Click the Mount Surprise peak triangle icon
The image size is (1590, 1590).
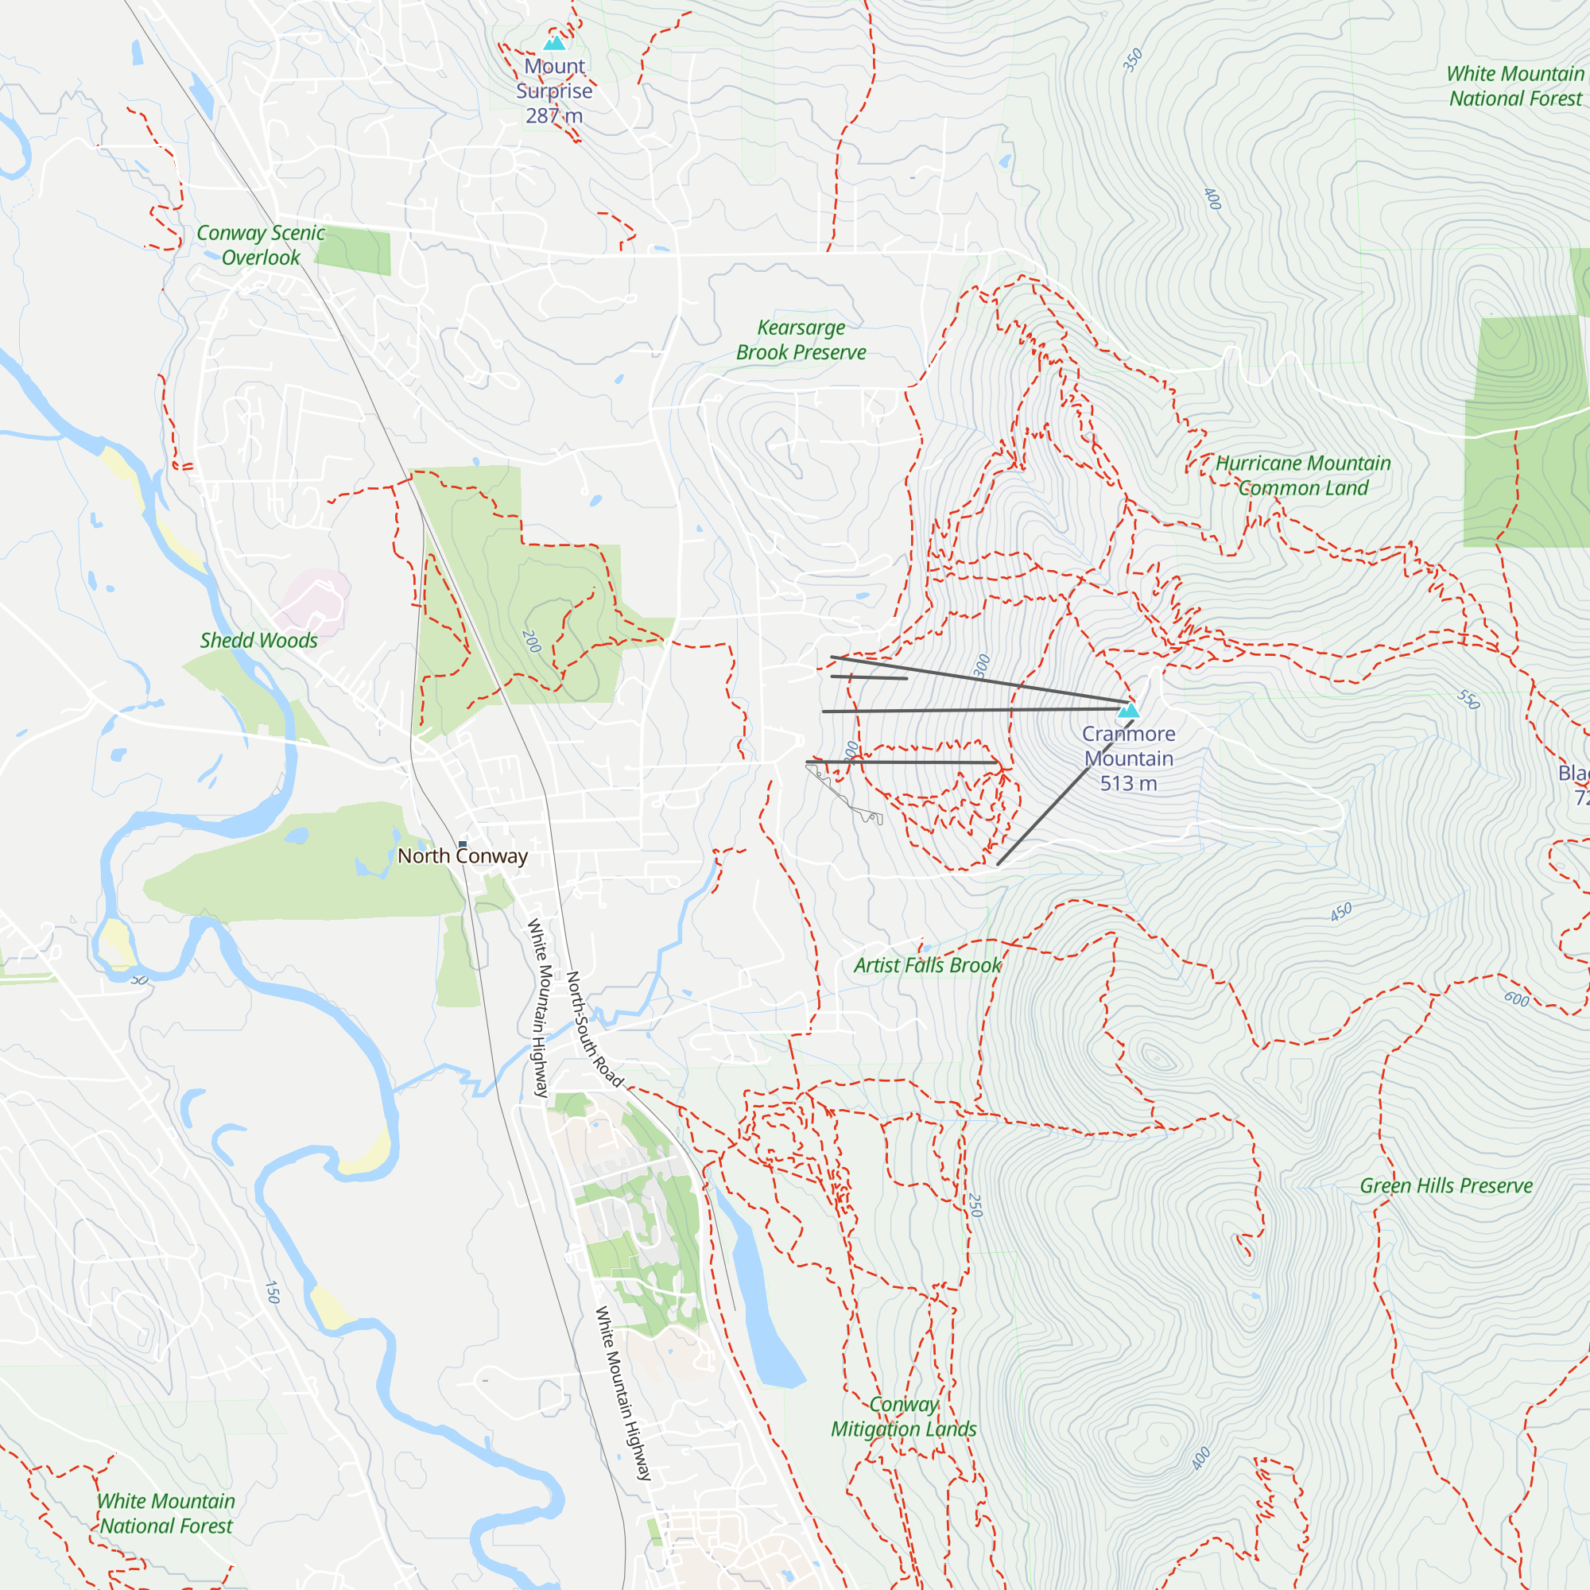[555, 43]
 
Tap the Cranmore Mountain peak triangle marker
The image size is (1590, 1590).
[1129, 710]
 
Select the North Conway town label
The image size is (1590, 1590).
[463, 857]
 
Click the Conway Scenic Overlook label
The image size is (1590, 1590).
[261, 245]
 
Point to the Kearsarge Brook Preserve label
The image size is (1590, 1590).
[801, 340]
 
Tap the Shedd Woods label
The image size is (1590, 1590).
[258, 640]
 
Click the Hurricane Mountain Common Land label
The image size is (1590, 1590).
[1303, 475]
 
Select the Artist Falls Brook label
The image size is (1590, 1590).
[928, 965]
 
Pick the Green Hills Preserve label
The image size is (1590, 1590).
[1446, 1186]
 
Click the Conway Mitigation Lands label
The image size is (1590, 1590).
[904, 1417]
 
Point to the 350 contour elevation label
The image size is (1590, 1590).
[1133, 60]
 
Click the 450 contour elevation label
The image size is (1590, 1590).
[1340, 912]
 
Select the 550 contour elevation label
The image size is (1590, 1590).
[1468, 700]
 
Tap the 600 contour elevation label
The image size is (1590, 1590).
[1516, 1000]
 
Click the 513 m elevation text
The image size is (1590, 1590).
[1128, 785]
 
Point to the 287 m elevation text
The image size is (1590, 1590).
[554, 116]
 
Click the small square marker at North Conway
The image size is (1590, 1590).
[463, 843]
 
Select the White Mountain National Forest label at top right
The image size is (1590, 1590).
[1515, 87]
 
